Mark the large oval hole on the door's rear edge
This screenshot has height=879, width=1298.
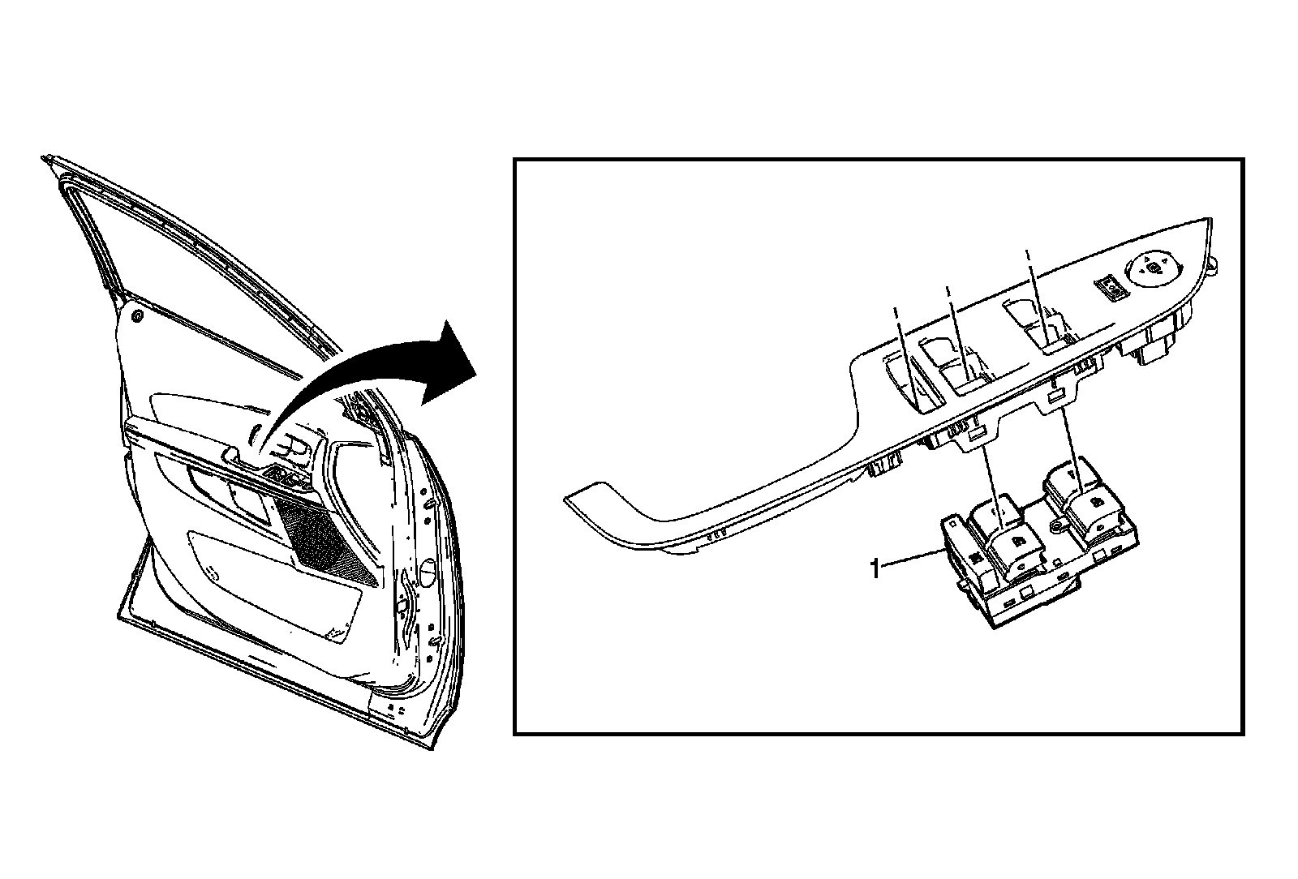point(423,570)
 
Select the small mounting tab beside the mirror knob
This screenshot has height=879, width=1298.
point(1214,264)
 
